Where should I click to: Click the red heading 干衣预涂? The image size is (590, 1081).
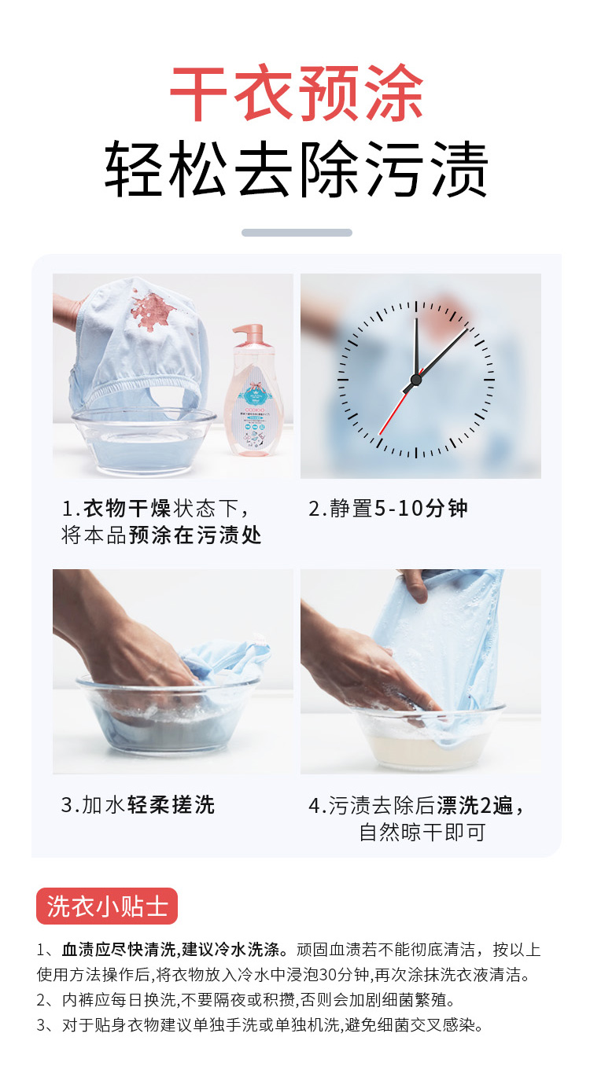click(297, 93)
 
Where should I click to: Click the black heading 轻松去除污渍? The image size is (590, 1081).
click(297, 168)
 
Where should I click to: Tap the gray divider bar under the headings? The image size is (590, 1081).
click(297, 233)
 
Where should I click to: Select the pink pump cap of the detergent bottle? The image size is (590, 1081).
click(248, 334)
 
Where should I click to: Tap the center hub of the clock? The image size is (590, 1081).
click(415, 379)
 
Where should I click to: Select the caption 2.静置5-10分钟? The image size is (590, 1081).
click(388, 508)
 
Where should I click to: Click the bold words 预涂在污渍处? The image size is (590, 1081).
click(195, 535)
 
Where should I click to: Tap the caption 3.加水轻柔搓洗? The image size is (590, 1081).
click(138, 804)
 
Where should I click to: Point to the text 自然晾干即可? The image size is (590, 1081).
click(422, 832)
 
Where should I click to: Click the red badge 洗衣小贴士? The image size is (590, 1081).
click(107, 906)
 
